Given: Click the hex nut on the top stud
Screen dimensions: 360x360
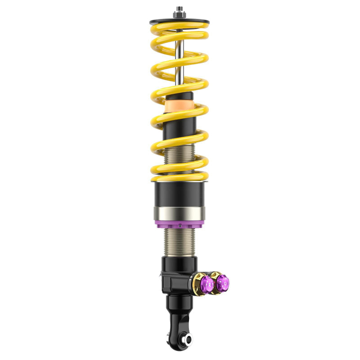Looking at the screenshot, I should (180, 15).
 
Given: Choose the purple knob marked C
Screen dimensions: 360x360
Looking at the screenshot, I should (222, 283).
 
